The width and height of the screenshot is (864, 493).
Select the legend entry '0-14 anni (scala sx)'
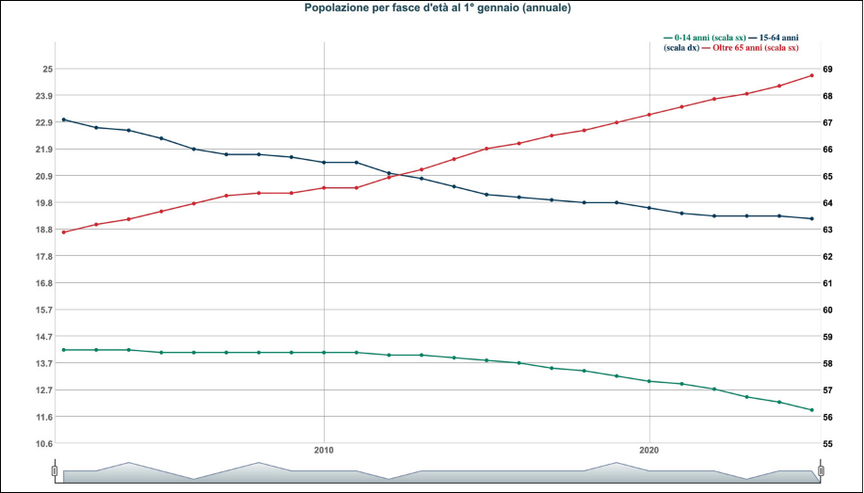(x=703, y=38)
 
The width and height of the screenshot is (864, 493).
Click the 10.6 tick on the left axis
(x=43, y=443)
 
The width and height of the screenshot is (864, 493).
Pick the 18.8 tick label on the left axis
(x=43, y=230)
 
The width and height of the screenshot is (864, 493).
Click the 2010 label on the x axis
(x=324, y=451)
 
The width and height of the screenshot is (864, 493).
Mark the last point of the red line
(x=811, y=75)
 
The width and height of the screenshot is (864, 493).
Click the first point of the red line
(x=63, y=232)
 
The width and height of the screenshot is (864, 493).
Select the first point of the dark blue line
(x=63, y=119)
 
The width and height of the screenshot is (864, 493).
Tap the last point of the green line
(x=811, y=410)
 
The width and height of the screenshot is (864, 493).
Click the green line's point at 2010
(x=324, y=353)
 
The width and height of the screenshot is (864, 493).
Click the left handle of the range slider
(x=55, y=470)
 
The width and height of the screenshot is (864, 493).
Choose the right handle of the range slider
(x=821, y=470)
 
